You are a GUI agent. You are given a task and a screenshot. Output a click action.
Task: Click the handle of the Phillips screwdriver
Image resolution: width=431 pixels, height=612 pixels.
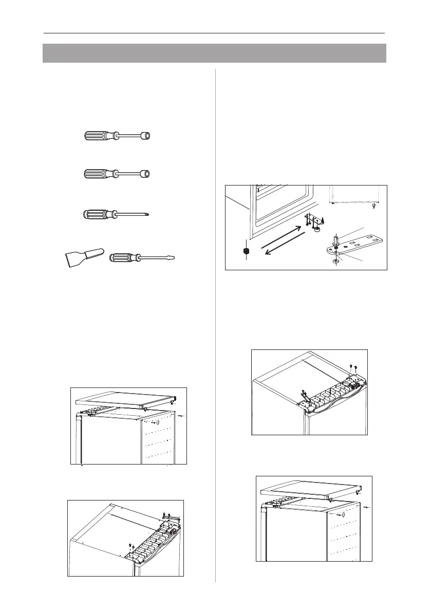click(99, 213)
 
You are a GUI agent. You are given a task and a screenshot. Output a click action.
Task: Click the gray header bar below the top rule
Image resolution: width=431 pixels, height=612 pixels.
click(214, 53)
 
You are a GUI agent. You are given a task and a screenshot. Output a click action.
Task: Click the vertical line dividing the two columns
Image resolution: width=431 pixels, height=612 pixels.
click(215, 324)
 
